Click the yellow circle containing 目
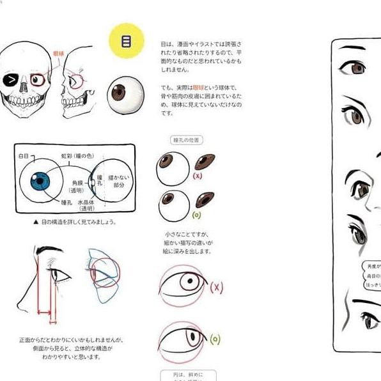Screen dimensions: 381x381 126,41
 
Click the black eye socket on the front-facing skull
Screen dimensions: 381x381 12,80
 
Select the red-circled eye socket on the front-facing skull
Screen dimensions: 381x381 38,81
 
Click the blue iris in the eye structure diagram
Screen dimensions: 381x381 40,182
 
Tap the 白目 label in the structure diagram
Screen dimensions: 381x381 24,155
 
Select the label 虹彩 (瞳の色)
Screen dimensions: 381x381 75,155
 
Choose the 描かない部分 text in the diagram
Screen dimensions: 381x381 120,182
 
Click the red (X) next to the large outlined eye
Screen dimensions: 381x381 216,287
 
